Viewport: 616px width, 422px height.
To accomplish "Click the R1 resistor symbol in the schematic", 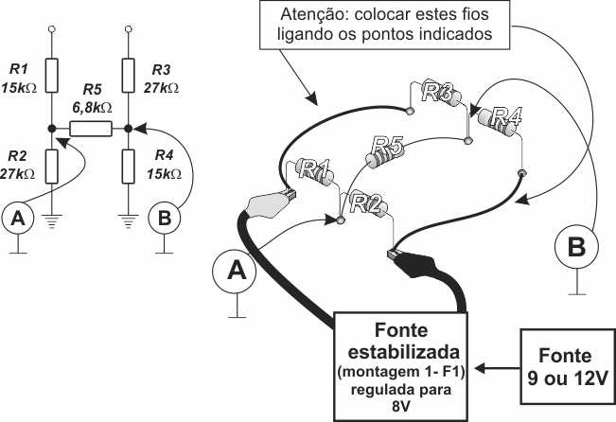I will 53,73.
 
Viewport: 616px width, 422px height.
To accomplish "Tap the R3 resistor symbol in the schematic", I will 129,73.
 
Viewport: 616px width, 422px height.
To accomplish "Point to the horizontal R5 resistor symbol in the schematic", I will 91,124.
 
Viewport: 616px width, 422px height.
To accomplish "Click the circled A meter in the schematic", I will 16,219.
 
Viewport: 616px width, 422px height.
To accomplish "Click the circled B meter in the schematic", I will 166,219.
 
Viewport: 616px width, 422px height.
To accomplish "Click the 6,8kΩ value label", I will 91,108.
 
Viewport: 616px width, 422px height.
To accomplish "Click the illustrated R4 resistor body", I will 499,120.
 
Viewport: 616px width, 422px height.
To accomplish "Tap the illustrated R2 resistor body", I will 364,200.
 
